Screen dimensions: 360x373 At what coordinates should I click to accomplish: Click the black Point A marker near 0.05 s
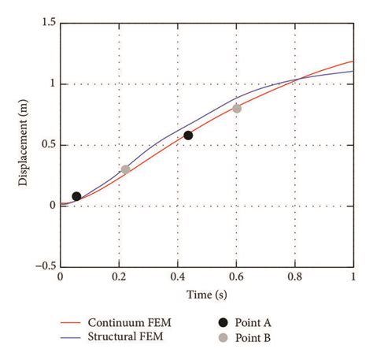click(x=76, y=196)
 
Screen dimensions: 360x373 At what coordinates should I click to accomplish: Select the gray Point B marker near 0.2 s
click(x=126, y=169)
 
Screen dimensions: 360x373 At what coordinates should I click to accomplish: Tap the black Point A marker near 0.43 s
click(x=188, y=135)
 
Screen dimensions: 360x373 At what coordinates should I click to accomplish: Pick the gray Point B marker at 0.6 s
click(x=237, y=109)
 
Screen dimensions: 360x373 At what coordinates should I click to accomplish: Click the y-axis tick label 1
click(x=52, y=84)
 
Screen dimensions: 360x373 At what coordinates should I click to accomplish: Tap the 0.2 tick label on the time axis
click(x=120, y=277)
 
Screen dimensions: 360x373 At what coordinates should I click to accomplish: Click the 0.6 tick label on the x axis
click(x=237, y=277)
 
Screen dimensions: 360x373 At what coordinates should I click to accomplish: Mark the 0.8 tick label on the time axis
click(x=296, y=277)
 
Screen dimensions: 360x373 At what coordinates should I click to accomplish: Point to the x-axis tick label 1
click(x=354, y=277)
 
